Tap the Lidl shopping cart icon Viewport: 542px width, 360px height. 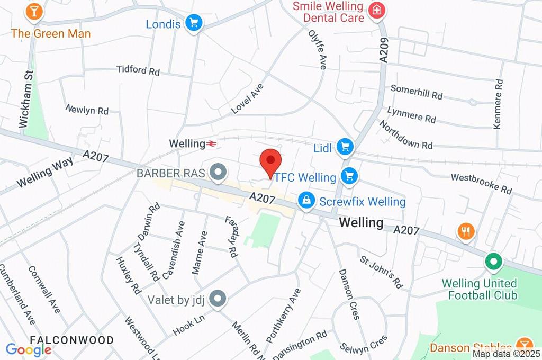click(x=346, y=147)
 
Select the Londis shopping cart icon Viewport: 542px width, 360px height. click(x=195, y=23)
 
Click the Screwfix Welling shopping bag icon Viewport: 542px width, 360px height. click(x=306, y=201)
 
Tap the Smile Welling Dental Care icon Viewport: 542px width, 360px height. click(x=376, y=10)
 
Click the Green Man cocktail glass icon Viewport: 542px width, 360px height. click(x=35, y=11)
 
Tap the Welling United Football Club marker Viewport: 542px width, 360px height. click(x=493, y=262)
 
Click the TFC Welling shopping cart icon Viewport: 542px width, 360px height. click(x=348, y=176)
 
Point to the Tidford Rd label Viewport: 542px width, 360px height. click(x=138, y=70)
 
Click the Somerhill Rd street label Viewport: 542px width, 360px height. click(x=416, y=92)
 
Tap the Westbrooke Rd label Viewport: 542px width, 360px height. click(x=481, y=183)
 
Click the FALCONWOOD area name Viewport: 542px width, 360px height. click(x=71, y=339)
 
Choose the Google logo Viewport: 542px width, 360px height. click(x=28, y=349)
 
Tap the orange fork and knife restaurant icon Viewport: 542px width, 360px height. click(x=466, y=231)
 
